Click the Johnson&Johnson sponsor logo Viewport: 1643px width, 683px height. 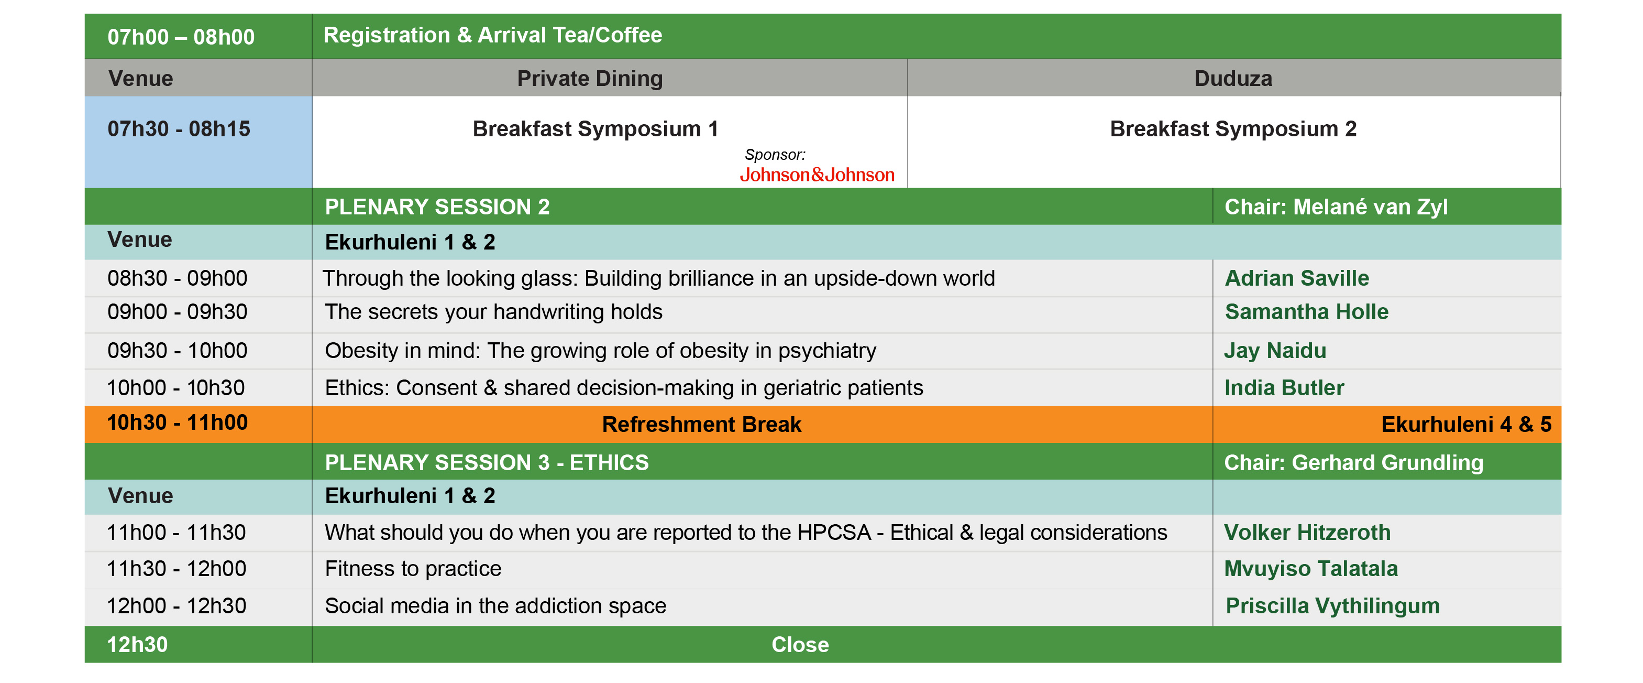(x=817, y=175)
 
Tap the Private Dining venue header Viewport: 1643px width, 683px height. (x=590, y=79)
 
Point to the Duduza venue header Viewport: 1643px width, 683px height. (x=1233, y=79)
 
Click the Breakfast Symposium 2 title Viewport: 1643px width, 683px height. (x=1233, y=129)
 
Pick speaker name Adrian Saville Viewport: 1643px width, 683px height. (x=1297, y=278)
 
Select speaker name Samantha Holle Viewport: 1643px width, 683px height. (x=1306, y=311)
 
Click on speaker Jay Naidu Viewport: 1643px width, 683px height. (x=1275, y=351)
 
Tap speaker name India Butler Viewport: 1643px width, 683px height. (x=1284, y=387)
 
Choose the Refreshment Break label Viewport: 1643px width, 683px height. (x=702, y=425)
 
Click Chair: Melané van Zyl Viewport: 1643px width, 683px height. (x=1336, y=207)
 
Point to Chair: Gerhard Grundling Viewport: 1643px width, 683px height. (x=1353, y=463)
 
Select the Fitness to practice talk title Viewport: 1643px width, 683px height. (x=413, y=569)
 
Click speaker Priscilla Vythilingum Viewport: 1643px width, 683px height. (x=1332, y=606)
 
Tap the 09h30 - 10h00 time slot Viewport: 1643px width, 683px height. (x=178, y=351)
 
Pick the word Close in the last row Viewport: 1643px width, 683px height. (x=800, y=645)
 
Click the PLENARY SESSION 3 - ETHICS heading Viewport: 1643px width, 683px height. (x=487, y=463)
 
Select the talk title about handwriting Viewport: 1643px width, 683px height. (x=494, y=311)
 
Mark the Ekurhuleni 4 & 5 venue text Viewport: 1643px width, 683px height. (x=1466, y=425)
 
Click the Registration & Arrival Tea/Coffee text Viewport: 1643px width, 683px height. (x=492, y=35)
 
